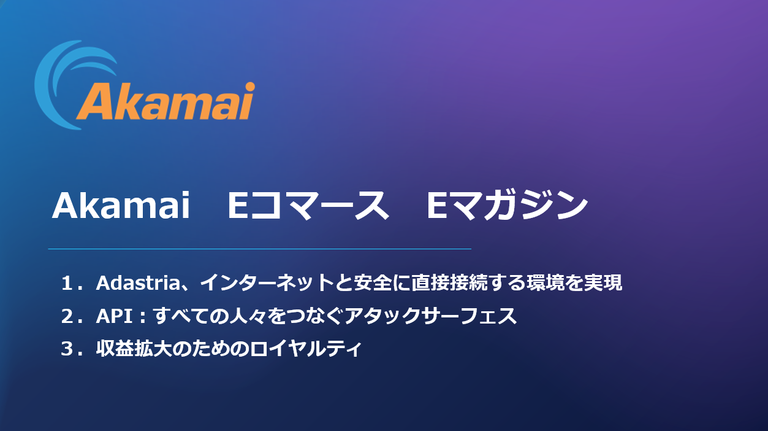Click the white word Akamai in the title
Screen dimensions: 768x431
(x=121, y=205)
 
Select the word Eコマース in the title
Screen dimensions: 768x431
(x=308, y=205)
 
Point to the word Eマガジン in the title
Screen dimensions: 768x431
(x=507, y=205)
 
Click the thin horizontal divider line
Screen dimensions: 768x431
(x=259, y=249)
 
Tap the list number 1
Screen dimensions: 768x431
(x=67, y=283)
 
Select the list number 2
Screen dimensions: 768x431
(x=67, y=316)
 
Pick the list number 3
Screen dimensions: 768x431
(x=67, y=348)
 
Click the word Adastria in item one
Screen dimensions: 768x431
(x=138, y=283)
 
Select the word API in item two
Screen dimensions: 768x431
(x=115, y=316)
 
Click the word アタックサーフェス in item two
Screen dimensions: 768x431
(x=431, y=316)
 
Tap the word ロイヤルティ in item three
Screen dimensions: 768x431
(x=305, y=348)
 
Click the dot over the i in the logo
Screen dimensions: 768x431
(x=250, y=86)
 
